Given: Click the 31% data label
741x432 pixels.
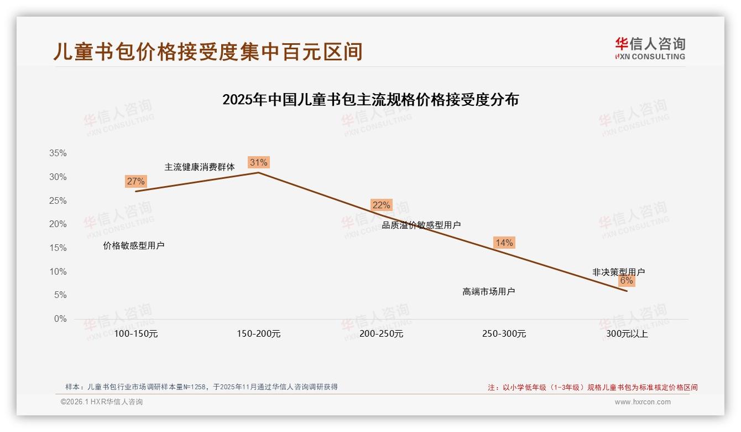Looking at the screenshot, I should (x=258, y=162).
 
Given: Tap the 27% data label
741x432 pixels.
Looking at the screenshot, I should (x=135, y=181).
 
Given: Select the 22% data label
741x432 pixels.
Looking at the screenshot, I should (x=381, y=205).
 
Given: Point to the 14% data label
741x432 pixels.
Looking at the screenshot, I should (x=504, y=243).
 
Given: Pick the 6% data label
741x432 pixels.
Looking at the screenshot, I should (x=626, y=281).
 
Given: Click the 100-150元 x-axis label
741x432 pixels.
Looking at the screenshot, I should (x=136, y=334).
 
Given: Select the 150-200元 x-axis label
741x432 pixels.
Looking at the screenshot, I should (x=259, y=334).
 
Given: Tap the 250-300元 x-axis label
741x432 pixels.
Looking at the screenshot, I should (x=504, y=334).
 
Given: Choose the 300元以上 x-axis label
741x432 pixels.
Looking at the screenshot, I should (x=627, y=334).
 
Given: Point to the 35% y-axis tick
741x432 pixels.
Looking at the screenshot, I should (x=58, y=153).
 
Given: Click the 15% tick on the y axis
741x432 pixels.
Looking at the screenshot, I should (x=58, y=248).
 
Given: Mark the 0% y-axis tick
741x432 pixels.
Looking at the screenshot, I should (x=60, y=319).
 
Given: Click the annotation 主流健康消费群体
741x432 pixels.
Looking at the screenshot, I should (x=200, y=167).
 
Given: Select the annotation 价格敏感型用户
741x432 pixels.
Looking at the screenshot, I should (x=134, y=245).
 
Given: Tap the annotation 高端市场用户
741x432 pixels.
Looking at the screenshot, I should (x=489, y=291).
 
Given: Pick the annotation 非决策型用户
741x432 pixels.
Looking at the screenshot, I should (x=618, y=272).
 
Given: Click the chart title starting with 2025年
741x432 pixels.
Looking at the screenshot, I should (x=370, y=100).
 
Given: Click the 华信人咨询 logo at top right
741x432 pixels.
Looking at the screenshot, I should (x=650, y=48).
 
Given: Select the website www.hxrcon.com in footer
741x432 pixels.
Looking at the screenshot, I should (x=643, y=402).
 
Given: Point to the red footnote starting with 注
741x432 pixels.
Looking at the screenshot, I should (x=592, y=388).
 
